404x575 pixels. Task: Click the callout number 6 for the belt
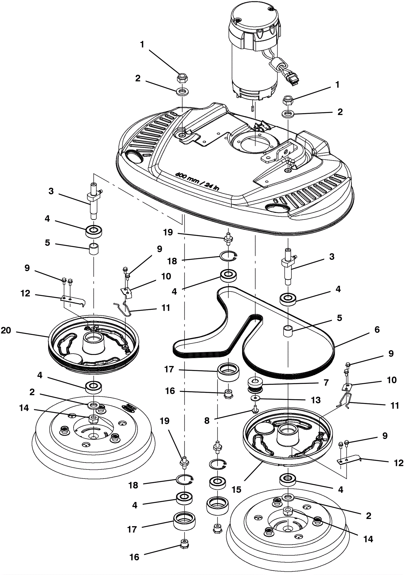click(x=377, y=330)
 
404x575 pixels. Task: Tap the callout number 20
click(x=6, y=330)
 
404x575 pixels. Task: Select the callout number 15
click(x=236, y=489)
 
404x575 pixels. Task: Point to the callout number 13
click(x=316, y=400)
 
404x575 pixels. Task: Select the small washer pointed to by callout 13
click(x=255, y=398)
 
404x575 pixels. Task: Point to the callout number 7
click(x=326, y=382)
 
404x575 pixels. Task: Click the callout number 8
click(x=207, y=420)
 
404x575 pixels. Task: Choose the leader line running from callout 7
click(x=290, y=384)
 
